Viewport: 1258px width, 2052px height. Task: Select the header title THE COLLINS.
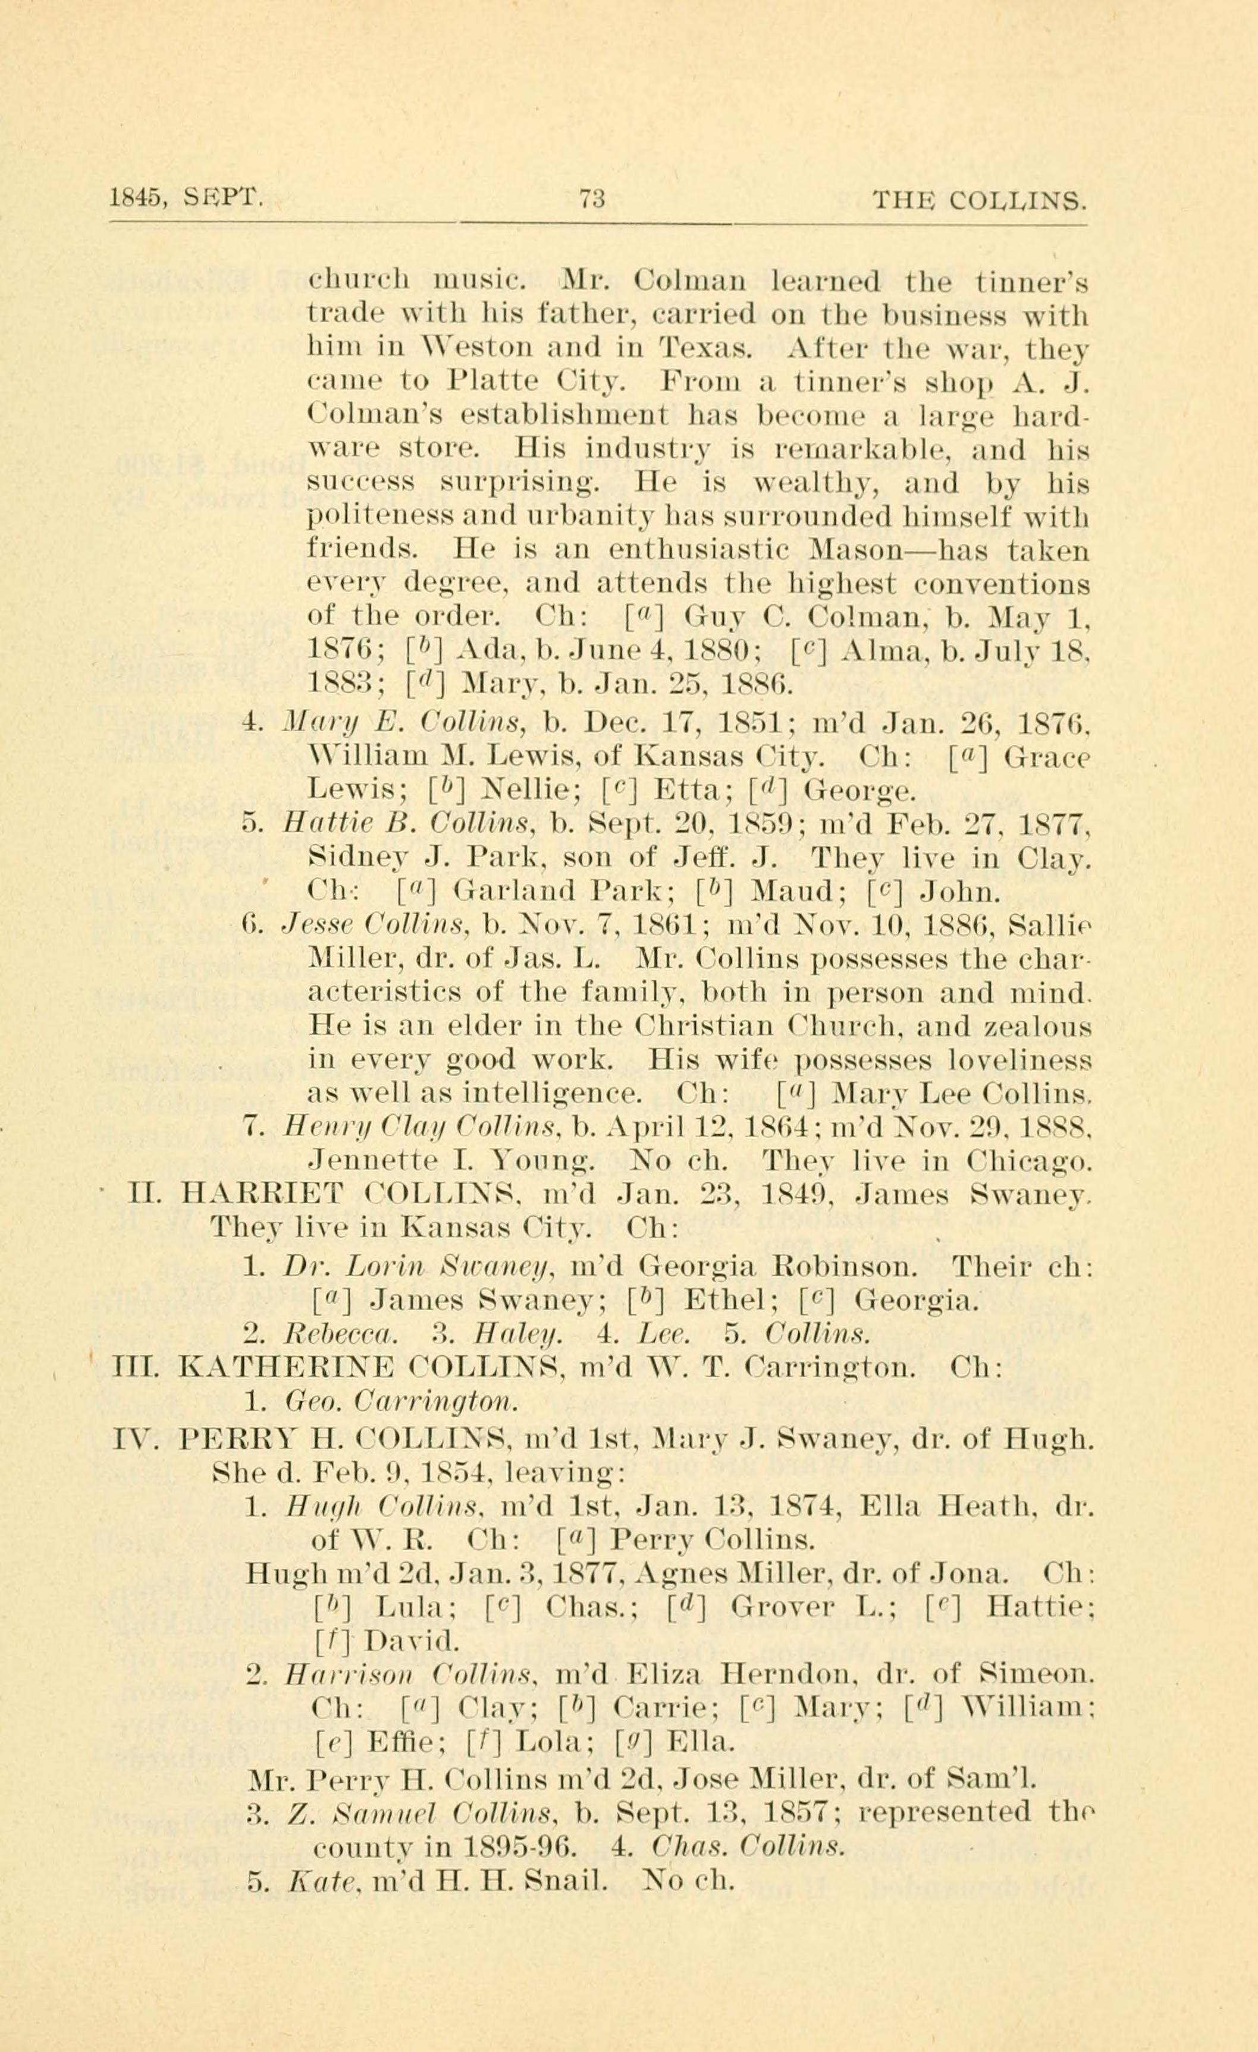979,201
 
